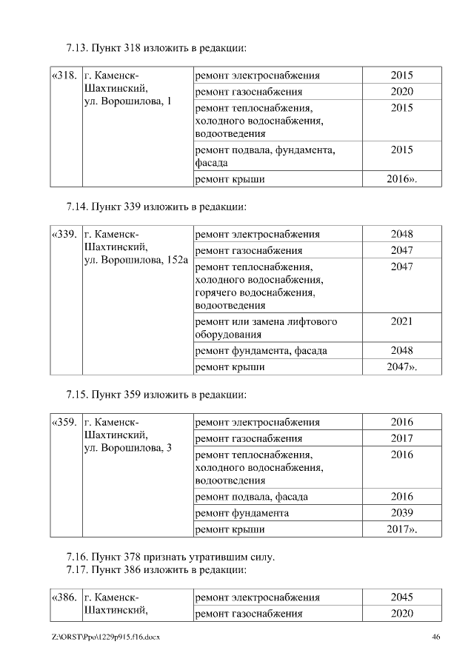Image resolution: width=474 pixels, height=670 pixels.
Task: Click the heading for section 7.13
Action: point(156,48)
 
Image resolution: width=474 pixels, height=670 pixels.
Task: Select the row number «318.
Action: point(64,76)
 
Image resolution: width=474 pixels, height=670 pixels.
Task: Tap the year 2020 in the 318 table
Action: point(401,92)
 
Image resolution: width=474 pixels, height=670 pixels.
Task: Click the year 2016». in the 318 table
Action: point(401,179)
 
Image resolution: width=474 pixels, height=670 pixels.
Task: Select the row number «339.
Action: point(64,235)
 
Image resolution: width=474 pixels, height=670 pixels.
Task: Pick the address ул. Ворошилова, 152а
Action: point(137,261)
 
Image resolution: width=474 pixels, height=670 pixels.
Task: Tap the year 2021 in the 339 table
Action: point(401,322)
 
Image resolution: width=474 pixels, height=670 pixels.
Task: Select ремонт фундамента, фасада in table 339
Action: point(260,351)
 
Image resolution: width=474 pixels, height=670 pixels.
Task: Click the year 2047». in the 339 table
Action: point(401,366)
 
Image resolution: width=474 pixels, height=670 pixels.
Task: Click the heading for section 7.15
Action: point(156,395)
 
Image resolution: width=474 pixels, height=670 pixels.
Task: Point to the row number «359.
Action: point(64,423)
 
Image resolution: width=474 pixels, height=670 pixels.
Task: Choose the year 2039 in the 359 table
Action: point(401,513)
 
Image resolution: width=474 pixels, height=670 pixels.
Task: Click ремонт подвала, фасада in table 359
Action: point(251,497)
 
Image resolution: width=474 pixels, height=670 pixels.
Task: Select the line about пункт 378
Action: point(170,557)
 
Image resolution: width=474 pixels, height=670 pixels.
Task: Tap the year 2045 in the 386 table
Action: point(401,597)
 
